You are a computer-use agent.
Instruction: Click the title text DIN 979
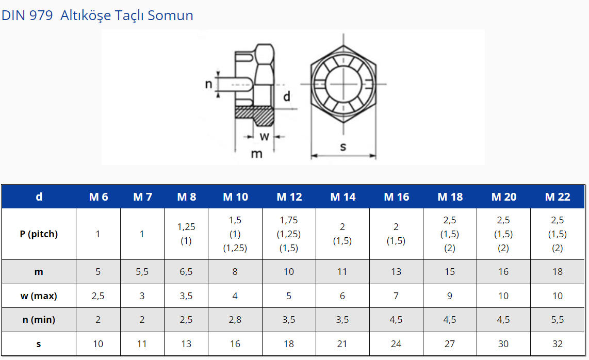tap(27, 15)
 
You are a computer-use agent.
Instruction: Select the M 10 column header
tap(236, 197)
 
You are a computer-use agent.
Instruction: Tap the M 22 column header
tap(558, 197)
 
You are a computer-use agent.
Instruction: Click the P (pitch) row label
tap(39, 234)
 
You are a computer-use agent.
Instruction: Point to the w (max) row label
tap(39, 296)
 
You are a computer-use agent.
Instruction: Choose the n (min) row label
tap(39, 319)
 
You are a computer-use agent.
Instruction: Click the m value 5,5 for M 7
tap(142, 272)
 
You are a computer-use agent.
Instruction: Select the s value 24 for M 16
tap(396, 343)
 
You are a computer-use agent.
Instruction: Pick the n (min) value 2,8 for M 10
tap(235, 319)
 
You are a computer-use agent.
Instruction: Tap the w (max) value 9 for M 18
tap(450, 296)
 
